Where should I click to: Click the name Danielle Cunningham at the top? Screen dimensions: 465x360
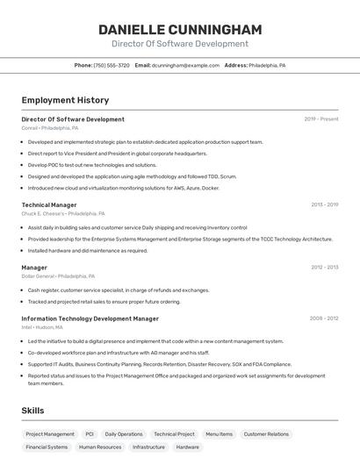point(180,29)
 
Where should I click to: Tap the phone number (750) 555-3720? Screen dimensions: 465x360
point(112,65)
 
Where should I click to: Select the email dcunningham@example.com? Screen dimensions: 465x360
point(185,65)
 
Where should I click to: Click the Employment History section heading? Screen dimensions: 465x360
point(65,100)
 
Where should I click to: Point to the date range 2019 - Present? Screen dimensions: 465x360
point(321,118)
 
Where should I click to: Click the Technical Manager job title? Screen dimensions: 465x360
point(49,204)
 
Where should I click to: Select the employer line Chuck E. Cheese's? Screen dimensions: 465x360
point(63,213)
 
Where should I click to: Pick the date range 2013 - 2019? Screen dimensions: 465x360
point(324,204)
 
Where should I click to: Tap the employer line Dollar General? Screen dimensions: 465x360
point(58,275)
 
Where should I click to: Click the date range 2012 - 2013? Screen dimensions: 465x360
point(324,267)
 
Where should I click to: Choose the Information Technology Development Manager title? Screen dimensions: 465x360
point(90,318)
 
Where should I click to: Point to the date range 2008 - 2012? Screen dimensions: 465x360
point(324,318)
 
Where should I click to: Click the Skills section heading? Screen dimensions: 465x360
point(32,410)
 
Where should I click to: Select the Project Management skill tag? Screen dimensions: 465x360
point(50,433)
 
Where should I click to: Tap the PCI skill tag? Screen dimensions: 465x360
point(90,433)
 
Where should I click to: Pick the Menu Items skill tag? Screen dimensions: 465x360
point(220,433)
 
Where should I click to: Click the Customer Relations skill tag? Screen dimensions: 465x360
point(266,433)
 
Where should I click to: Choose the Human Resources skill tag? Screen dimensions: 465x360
point(100,447)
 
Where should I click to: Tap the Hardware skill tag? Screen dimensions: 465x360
point(187,447)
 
